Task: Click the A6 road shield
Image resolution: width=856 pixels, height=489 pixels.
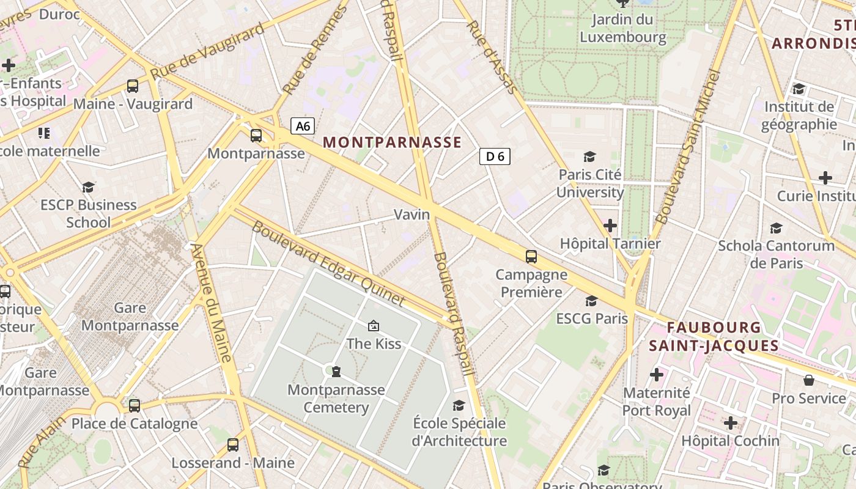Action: pyautogui.click(x=303, y=127)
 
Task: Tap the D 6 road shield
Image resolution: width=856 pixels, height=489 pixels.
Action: pyautogui.click(x=495, y=156)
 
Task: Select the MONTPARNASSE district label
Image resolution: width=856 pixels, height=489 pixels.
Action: pyautogui.click(x=392, y=142)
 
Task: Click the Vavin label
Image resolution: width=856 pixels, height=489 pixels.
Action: pyautogui.click(x=411, y=215)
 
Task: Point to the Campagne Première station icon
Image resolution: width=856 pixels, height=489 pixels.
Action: pyautogui.click(x=531, y=257)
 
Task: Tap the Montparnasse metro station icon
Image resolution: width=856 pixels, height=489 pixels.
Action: pyautogui.click(x=256, y=136)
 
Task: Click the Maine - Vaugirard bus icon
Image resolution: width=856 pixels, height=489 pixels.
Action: pyautogui.click(x=133, y=86)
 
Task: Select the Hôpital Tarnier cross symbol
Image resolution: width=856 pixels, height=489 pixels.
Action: pyautogui.click(x=610, y=226)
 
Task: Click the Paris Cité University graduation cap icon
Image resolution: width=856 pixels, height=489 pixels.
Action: pyautogui.click(x=589, y=157)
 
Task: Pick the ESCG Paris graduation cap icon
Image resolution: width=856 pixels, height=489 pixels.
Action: pyautogui.click(x=591, y=301)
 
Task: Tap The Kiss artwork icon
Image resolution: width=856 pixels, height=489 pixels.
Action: pyautogui.click(x=374, y=326)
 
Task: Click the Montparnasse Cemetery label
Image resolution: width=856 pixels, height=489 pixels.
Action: pyautogui.click(x=336, y=399)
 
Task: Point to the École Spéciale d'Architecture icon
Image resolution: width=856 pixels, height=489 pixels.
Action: pyautogui.click(x=459, y=405)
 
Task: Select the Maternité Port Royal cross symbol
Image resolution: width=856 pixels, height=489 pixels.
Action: pyautogui.click(x=657, y=374)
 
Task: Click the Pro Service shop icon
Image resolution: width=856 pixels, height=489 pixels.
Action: pyautogui.click(x=809, y=380)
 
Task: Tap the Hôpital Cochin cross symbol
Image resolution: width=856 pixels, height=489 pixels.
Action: pyautogui.click(x=730, y=422)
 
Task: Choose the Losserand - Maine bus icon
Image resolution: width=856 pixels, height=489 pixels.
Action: pyautogui.click(x=233, y=445)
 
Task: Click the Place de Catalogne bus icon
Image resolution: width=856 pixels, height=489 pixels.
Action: pyautogui.click(x=135, y=405)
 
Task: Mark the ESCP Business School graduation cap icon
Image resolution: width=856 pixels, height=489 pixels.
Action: pyautogui.click(x=89, y=187)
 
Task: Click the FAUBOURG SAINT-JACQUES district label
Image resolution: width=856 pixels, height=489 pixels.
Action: pyautogui.click(x=714, y=337)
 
